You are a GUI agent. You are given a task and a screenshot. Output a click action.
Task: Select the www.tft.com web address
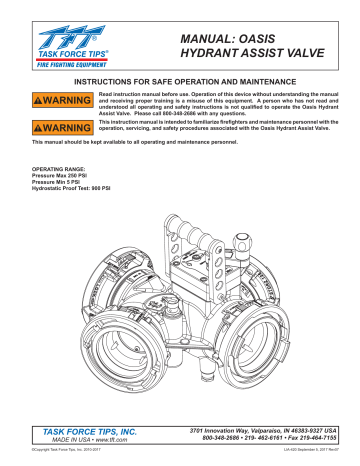(107, 438)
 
